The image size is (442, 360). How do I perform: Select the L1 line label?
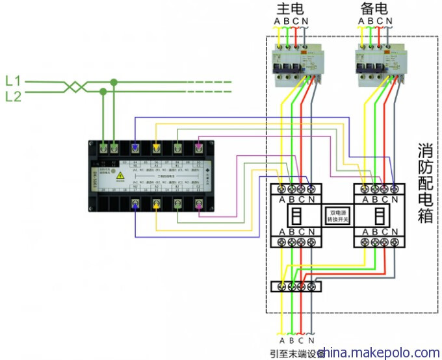point(13,82)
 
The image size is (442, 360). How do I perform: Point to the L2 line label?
point(13,97)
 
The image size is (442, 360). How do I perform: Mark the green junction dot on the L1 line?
point(114,83)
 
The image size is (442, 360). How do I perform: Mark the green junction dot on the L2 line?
point(103,93)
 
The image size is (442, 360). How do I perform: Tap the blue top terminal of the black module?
point(135,148)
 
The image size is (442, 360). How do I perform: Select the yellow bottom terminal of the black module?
point(156,205)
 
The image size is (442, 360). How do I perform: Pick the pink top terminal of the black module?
point(199,148)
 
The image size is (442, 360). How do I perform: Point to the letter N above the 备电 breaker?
point(389,21)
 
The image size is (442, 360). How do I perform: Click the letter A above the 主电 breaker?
point(278,21)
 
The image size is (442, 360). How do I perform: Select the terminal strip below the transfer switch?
point(296,286)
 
